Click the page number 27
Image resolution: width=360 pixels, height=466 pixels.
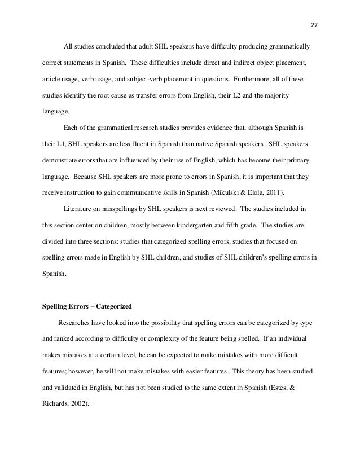tap(315, 24)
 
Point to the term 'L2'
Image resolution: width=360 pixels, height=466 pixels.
tap(227, 97)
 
